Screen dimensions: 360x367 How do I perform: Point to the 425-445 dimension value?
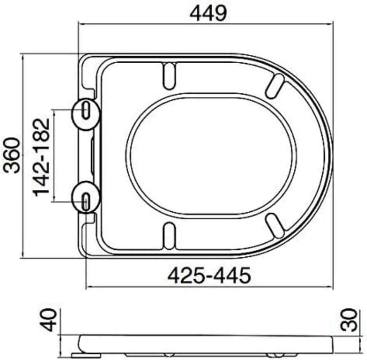click(x=209, y=276)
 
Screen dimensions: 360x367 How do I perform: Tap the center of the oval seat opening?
click(x=211, y=155)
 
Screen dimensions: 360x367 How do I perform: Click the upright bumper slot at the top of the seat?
click(x=170, y=75)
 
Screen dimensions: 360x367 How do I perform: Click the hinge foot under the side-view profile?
click(x=87, y=354)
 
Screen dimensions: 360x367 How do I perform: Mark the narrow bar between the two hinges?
click(x=92, y=155)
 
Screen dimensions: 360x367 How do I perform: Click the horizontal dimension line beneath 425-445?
click(x=209, y=288)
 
